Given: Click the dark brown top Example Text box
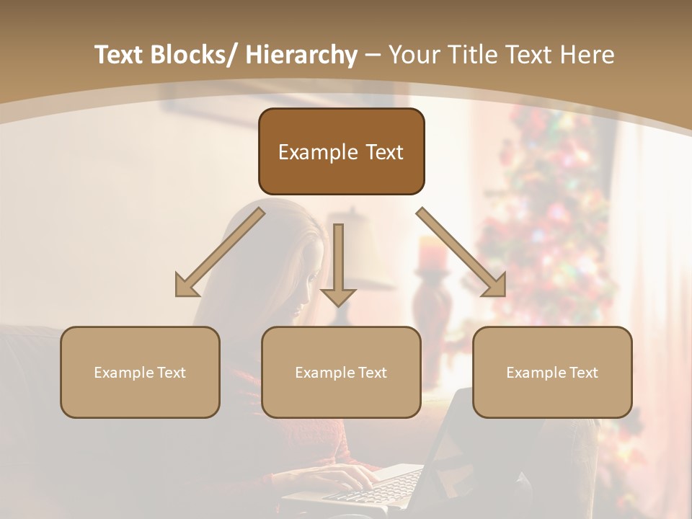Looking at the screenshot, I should click(341, 151).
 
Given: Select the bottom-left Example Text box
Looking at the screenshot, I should click(140, 372).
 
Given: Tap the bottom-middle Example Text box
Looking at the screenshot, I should click(341, 372).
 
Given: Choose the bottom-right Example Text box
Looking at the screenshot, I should click(552, 372).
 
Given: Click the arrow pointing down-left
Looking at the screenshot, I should click(220, 252).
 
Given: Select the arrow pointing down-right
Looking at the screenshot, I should click(461, 252).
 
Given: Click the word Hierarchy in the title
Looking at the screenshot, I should click(301, 55).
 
